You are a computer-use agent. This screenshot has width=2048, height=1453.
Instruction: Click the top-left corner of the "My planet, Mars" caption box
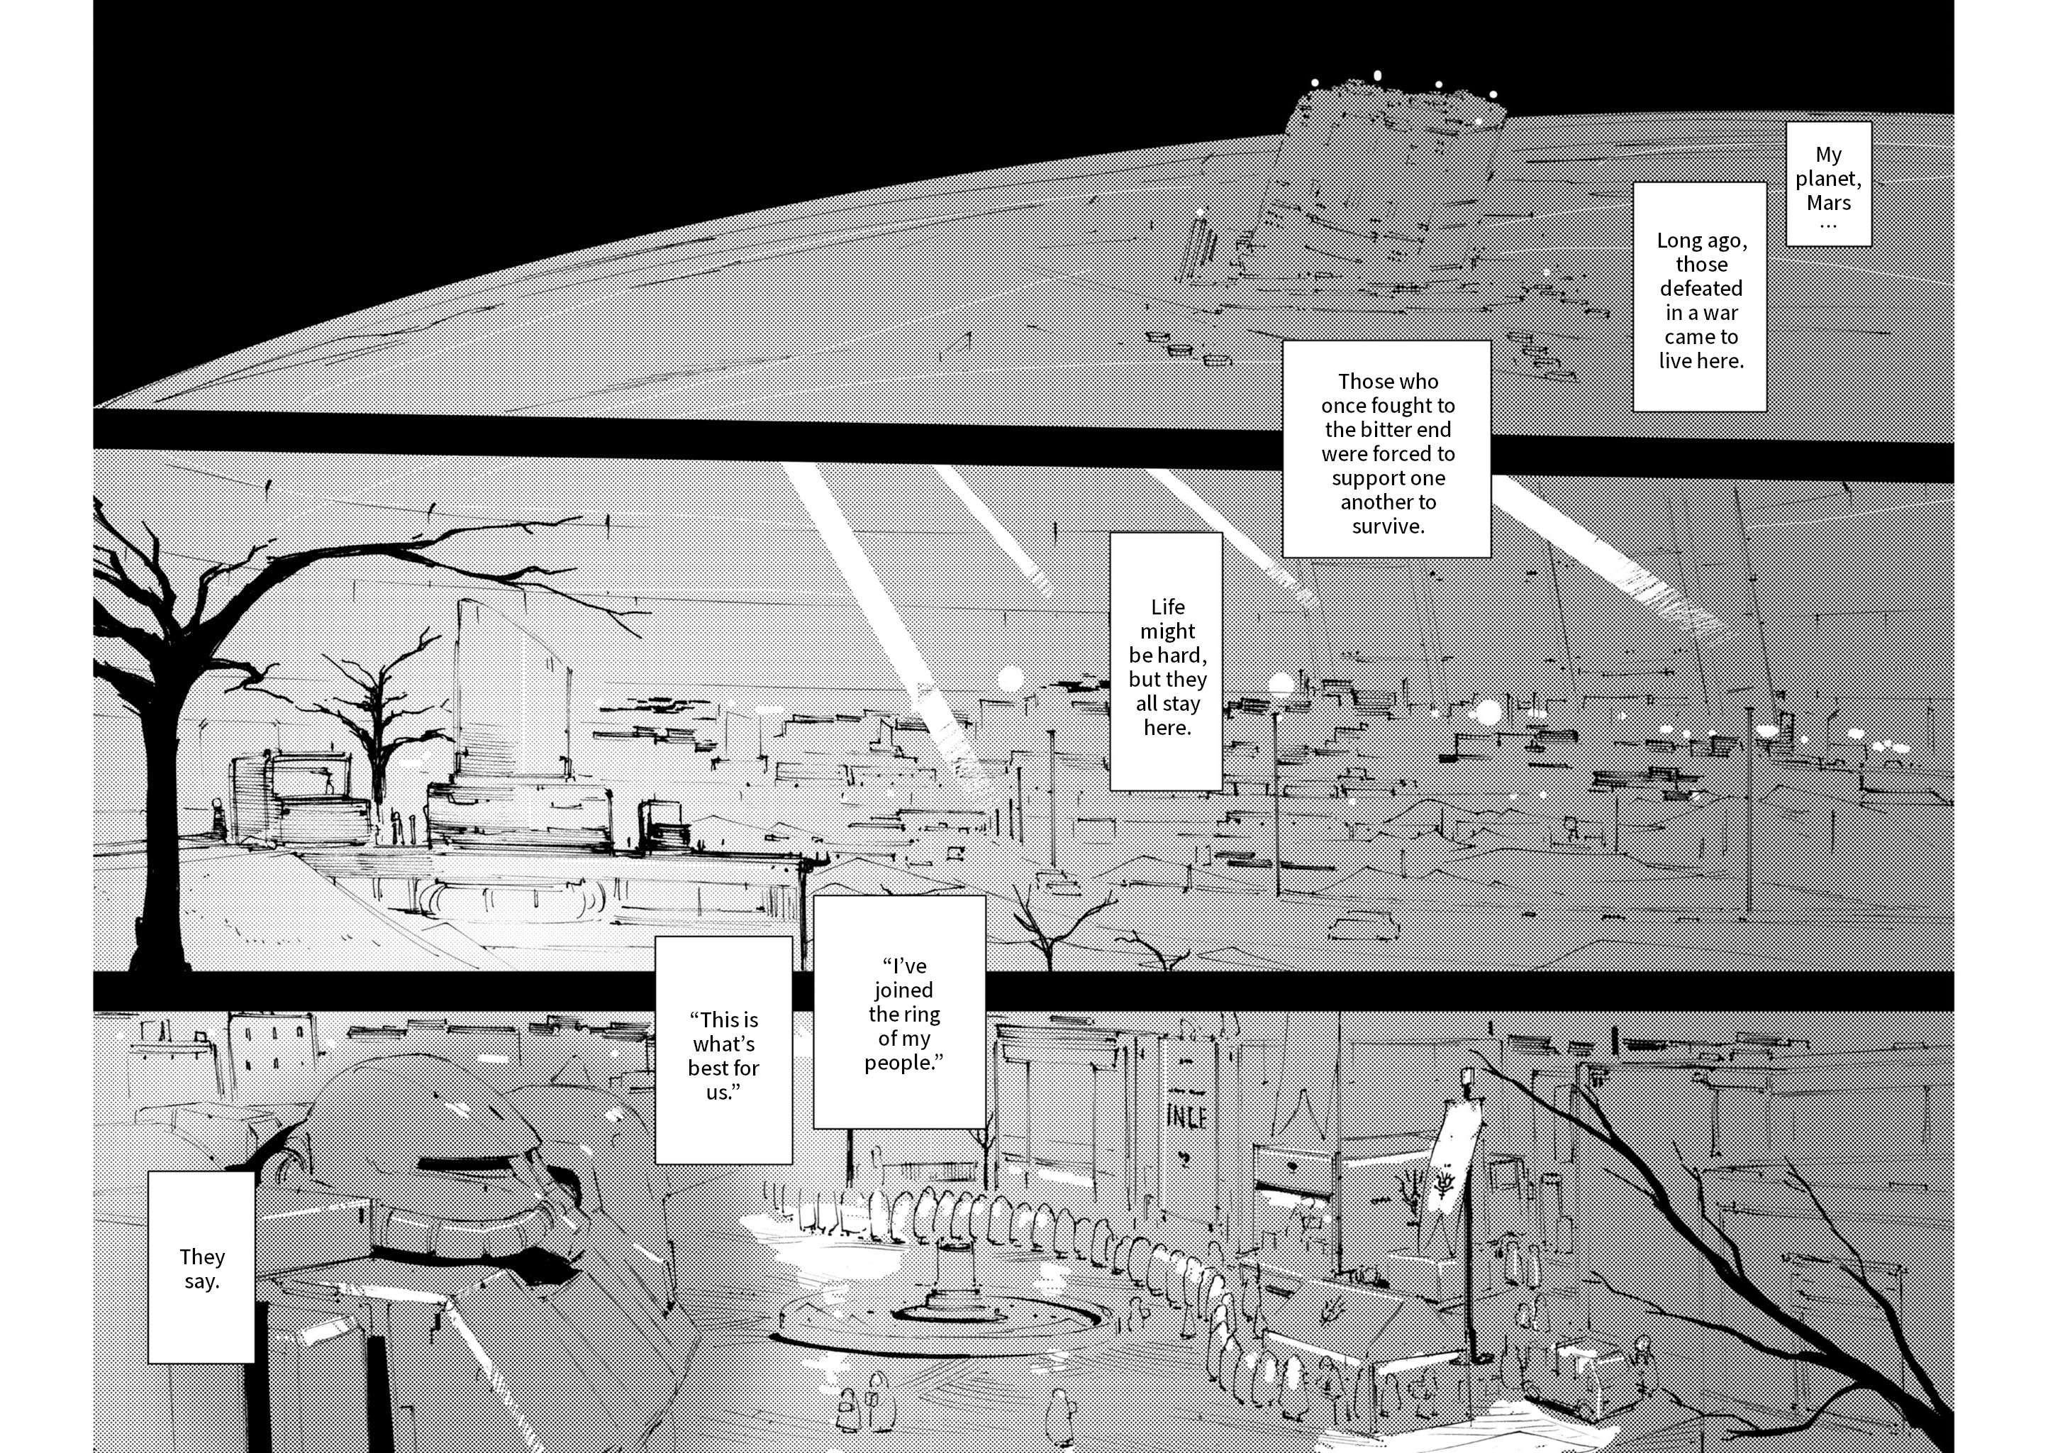(1786, 123)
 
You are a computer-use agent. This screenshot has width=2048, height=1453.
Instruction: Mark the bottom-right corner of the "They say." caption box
(255, 1363)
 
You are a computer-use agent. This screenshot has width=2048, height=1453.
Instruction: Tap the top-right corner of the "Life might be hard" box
(1223, 532)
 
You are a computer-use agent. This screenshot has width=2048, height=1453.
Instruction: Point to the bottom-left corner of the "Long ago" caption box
(1633, 411)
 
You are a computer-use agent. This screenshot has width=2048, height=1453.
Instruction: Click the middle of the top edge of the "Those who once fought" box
(1387, 340)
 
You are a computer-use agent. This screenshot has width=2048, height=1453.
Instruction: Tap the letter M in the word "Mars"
(1815, 203)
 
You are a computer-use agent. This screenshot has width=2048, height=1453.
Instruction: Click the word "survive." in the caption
(1388, 526)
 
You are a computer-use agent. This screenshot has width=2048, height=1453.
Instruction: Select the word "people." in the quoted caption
(904, 1063)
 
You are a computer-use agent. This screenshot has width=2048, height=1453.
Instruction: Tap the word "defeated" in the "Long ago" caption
(1701, 288)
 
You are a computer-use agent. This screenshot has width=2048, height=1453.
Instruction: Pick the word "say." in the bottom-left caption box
(201, 1281)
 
